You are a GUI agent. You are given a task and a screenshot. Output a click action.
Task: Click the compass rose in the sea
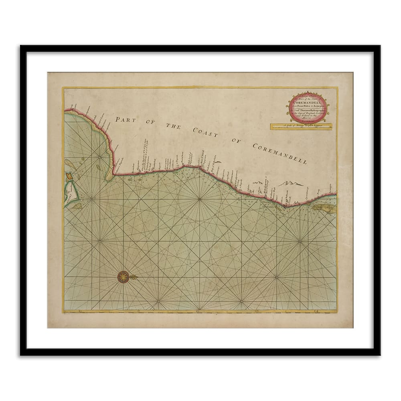pos(124,277)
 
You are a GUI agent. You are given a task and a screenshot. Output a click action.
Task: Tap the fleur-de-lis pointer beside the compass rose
pos(134,277)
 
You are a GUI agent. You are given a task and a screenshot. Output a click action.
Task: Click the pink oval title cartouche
pos(309,107)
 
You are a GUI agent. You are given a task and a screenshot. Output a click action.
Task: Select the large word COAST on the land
pos(205,133)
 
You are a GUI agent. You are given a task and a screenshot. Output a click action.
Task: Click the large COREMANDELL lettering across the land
pos(279,153)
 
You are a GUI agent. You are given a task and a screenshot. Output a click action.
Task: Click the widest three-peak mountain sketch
pos(291,183)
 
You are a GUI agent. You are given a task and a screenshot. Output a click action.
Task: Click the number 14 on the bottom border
pos(316,310)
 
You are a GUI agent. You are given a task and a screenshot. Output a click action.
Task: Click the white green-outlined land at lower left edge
pos(70,196)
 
